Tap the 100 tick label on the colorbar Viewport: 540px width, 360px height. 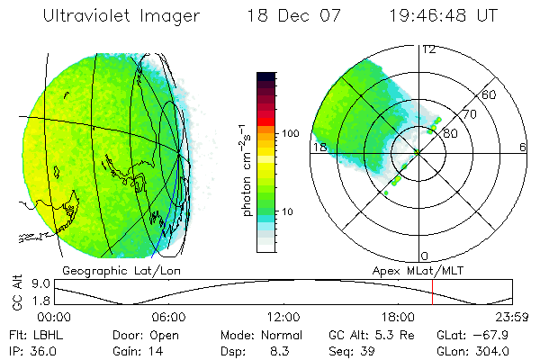click(x=290, y=133)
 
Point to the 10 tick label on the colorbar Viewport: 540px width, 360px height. click(x=290, y=211)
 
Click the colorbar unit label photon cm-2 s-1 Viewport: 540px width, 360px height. click(x=247, y=166)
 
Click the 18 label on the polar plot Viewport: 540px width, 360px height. click(x=319, y=147)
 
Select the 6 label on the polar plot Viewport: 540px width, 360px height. click(x=522, y=147)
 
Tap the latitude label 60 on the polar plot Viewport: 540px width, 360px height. click(x=490, y=94)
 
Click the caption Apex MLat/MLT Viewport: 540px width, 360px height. click(x=411, y=269)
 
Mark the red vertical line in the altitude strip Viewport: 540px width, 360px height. click(x=433, y=292)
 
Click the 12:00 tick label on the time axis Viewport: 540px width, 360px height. click(x=283, y=317)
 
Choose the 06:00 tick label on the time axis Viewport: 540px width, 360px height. click(x=168, y=317)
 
